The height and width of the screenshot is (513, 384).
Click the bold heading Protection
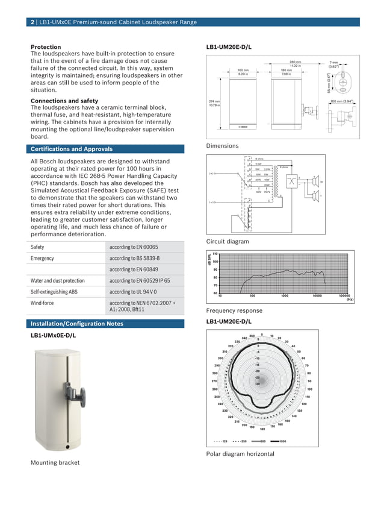click(x=46, y=47)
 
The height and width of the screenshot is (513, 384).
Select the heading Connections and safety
click(x=64, y=101)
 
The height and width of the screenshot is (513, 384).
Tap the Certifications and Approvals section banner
click(x=71, y=149)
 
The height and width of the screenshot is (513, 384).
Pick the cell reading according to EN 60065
click(x=134, y=247)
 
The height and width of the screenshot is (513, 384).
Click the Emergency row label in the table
click(x=42, y=259)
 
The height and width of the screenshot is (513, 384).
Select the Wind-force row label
click(x=43, y=303)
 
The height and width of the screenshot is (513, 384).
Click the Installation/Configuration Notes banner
click(x=76, y=324)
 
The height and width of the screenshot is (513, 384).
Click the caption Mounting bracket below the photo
click(x=55, y=462)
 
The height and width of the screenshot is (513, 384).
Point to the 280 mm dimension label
click(x=295, y=62)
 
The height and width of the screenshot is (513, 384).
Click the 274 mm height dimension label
click(x=214, y=102)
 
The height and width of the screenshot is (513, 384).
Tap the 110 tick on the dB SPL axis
click(x=214, y=254)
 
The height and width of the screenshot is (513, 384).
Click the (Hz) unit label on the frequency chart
click(x=350, y=300)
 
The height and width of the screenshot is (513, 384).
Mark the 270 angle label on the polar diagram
click(x=214, y=381)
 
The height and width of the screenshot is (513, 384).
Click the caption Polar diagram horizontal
click(x=240, y=453)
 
